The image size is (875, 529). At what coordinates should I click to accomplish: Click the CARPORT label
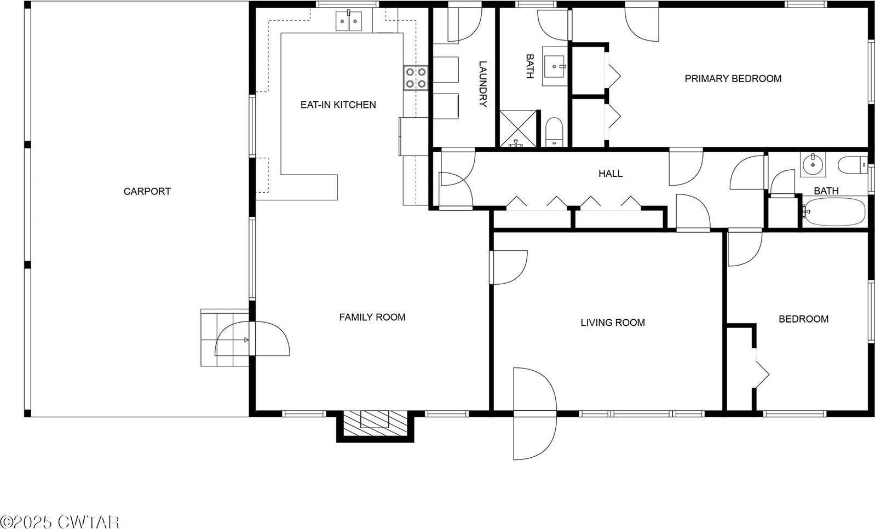pos(147,191)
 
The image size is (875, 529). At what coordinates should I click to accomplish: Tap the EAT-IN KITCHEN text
pos(338,105)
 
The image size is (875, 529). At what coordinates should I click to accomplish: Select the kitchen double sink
pos(349,22)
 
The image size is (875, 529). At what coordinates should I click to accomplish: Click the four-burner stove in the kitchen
pos(416,77)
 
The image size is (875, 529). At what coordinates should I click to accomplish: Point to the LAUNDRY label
pos(482,84)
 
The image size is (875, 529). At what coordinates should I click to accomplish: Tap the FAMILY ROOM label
pos(372,317)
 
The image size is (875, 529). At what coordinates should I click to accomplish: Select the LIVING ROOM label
pos(612,323)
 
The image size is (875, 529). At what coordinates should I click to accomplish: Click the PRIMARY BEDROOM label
pos(733,78)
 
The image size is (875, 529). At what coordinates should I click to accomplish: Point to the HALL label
pos(610,174)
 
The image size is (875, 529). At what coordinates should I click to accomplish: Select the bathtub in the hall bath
pos(834,212)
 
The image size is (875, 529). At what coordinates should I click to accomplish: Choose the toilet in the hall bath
pos(852,164)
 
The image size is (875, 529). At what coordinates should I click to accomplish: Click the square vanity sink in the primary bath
pos(556,66)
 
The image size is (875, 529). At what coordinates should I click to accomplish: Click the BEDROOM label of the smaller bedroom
pos(803,319)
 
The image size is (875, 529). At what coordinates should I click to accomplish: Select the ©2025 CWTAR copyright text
pos(59,521)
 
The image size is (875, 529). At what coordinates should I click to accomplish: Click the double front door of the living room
pos(534,413)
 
